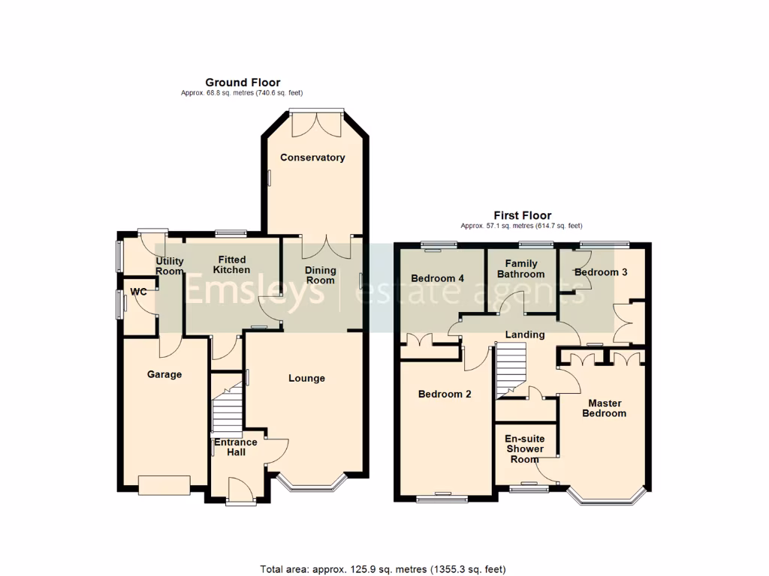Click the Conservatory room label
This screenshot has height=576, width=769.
click(x=312, y=157)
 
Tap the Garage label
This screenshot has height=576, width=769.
click(x=164, y=374)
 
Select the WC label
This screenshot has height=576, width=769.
click(x=138, y=292)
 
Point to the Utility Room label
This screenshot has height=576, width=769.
click(x=169, y=266)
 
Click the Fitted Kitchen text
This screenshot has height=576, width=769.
click(x=231, y=265)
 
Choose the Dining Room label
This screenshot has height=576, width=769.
click(x=320, y=275)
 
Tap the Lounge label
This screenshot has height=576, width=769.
click(x=306, y=378)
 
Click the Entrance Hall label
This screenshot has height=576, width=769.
click(x=236, y=447)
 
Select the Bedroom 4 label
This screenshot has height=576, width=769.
click(x=438, y=278)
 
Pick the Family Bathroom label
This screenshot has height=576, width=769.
click(x=520, y=269)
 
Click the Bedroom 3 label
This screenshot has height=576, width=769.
click(x=601, y=272)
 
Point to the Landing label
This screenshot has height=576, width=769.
click(x=525, y=334)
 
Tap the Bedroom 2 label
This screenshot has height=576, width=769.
click(x=445, y=394)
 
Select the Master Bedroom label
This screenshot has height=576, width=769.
click(x=604, y=408)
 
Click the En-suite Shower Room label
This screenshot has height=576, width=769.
click(x=524, y=448)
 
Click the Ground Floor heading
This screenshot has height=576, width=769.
click(x=243, y=82)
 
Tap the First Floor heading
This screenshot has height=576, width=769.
click(x=522, y=215)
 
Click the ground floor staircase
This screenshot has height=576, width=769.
click(x=227, y=409)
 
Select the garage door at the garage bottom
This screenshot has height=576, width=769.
click(x=164, y=484)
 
